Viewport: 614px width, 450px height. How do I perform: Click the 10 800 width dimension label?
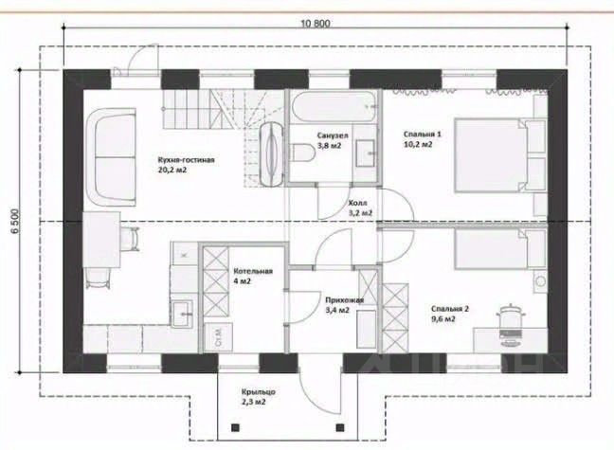pos(316,24)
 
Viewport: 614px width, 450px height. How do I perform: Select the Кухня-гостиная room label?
pos(186,160)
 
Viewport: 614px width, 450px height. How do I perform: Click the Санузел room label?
pos(333,135)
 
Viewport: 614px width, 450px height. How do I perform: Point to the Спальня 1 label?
pos(423,134)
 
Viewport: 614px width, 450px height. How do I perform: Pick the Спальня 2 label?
pos(450,309)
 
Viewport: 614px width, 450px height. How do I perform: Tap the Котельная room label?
pos(253,271)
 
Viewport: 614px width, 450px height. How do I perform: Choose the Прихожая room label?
pos(345,300)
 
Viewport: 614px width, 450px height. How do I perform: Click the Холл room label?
pos(357,204)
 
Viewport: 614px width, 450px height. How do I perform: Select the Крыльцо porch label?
pos(259,391)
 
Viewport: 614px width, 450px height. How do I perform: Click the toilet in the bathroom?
pos(303,153)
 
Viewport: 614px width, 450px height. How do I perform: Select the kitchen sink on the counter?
pos(182,314)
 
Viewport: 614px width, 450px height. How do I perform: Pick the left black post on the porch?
pos(235,427)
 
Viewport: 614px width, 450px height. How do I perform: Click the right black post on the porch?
pos(340,427)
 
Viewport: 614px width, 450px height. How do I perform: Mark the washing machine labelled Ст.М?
pos(219,337)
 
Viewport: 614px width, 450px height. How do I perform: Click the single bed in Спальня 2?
pos(500,249)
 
